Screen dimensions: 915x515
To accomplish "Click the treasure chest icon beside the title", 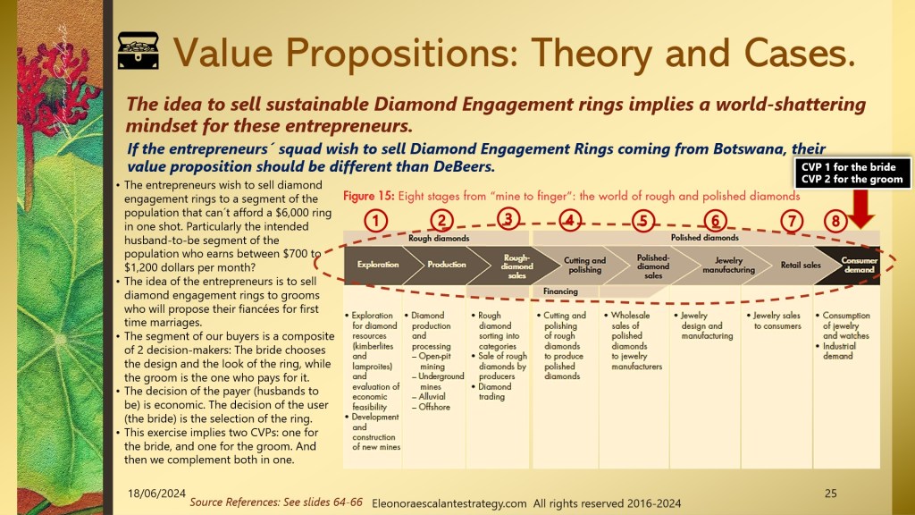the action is point(139,51).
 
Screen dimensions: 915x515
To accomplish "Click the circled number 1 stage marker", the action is point(376,222).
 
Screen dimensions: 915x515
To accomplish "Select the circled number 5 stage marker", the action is point(643,222).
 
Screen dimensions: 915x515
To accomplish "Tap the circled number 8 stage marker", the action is point(835,222).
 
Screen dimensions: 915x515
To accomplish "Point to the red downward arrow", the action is point(860,208).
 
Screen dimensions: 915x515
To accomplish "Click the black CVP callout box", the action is point(852,173).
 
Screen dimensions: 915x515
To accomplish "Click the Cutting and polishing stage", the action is point(584,265).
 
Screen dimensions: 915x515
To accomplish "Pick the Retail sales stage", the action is point(801,265).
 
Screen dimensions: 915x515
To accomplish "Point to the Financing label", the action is point(560,291).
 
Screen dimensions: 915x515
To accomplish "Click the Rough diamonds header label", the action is point(439,238).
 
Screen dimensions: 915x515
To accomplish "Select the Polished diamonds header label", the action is point(704,238).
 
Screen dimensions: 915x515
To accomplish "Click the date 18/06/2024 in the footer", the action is point(156,494).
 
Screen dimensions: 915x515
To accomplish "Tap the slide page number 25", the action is point(830,494).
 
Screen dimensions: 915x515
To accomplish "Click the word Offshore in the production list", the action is point(434,407).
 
